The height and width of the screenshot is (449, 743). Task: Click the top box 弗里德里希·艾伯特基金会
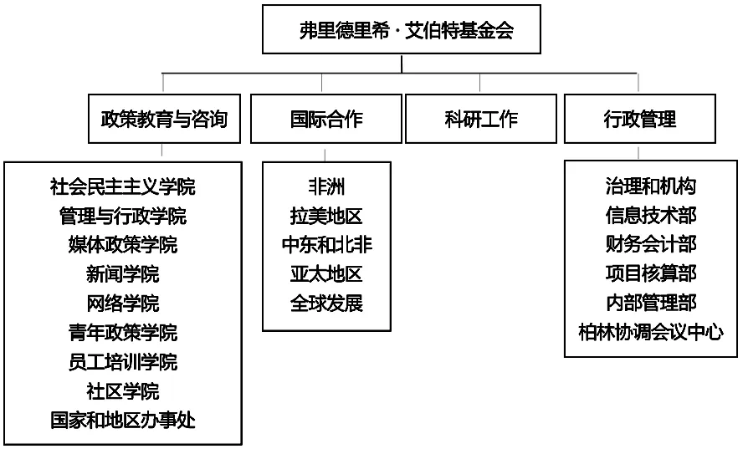coord(402,31)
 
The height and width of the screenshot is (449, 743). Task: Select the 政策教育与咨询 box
coord(164,119)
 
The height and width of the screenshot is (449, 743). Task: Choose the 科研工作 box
coord(480,119)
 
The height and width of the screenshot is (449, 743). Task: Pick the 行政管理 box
coord(639,119)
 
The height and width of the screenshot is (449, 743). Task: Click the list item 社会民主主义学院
coord(123,186)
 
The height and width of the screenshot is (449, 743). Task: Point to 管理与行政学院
coord(123,216)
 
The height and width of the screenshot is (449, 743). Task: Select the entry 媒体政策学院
coord(123,245)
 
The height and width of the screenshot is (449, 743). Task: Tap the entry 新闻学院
coord(123,274)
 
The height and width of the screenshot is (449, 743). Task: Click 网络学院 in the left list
coord(123,304)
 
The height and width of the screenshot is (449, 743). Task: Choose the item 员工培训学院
coord(123,362)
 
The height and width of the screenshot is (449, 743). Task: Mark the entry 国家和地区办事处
coord(123,420)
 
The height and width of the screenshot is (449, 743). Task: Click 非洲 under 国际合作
coord(326,186)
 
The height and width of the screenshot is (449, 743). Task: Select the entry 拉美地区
coord(326,216)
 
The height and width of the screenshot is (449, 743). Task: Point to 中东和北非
coord(326,245)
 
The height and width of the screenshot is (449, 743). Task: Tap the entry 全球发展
coord(326,303)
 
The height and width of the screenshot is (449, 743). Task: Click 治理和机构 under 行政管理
coord(651,186)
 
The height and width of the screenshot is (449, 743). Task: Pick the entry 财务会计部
coord(651,244)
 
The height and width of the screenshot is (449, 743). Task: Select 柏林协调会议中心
coord(651,332)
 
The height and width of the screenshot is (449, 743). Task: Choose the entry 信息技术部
coord(651,216)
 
